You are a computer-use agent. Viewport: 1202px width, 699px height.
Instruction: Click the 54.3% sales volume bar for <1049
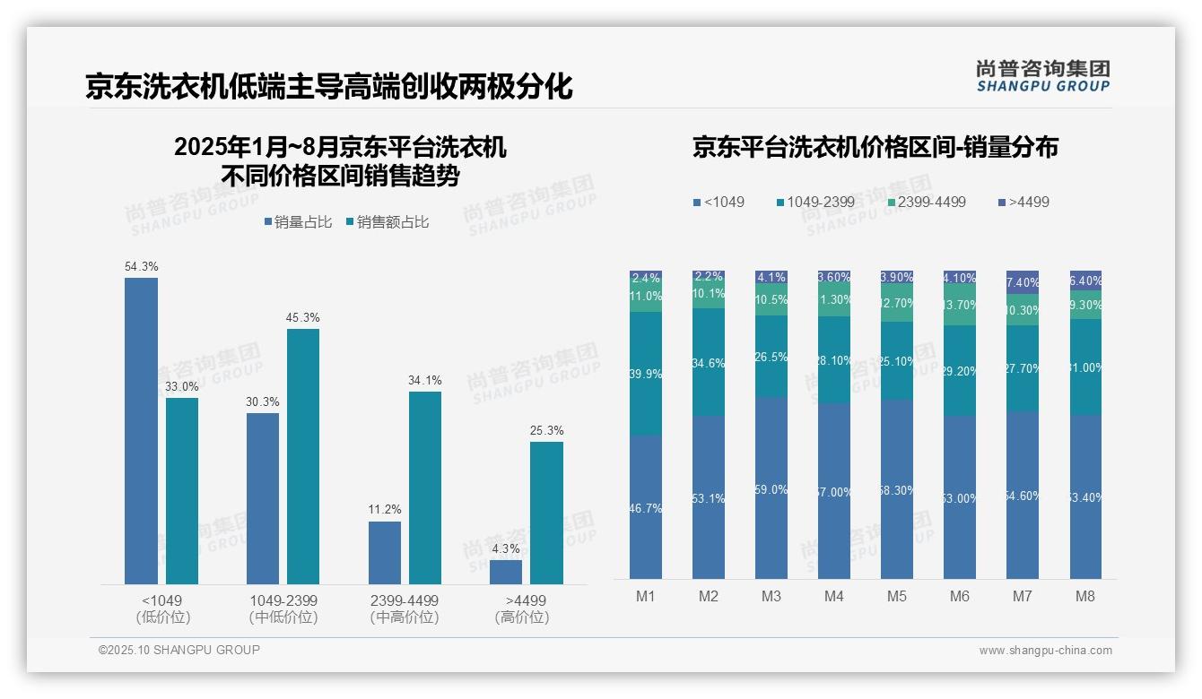(141, 430)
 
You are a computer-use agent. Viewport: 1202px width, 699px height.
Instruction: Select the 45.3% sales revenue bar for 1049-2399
(303, 456)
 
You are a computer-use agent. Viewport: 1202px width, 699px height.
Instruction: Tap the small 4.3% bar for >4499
(506, 573)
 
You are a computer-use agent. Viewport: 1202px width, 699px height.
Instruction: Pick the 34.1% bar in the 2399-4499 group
(425, 488)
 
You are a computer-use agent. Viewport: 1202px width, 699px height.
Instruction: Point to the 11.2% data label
(385, 509)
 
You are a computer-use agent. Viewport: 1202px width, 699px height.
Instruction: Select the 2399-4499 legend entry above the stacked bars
(926, 203)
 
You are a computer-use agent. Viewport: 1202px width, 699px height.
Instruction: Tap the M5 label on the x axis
(897, 597)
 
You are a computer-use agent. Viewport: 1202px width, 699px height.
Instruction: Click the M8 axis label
(1084, 597)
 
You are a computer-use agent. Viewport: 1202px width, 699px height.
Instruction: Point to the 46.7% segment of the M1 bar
(646, 507)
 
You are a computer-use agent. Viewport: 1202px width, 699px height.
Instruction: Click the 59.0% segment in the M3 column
(771, 488)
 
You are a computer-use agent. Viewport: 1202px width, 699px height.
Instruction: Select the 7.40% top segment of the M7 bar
(1023, 282)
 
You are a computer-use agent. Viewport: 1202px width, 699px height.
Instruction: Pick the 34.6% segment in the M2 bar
(708, 362)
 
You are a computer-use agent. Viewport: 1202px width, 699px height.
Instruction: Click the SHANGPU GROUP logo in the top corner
(1042, 76)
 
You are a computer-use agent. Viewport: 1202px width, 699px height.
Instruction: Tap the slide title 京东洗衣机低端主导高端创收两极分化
(328, 87)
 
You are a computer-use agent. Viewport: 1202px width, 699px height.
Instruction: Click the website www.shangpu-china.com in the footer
(1045, 651)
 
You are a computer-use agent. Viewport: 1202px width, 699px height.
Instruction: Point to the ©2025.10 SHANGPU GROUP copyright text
(179, 651)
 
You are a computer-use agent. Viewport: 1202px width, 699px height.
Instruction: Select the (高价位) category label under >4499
(522, 617)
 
